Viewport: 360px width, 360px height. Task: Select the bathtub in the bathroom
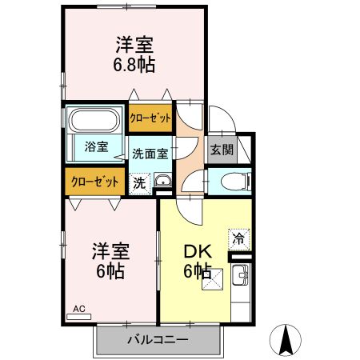pos(94,121)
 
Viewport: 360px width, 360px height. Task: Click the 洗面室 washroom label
pos(150,153)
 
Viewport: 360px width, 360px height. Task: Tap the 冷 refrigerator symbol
pos(239,238)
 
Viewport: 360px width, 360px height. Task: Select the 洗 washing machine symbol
pos(139,182)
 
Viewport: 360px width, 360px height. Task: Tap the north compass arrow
pos(286,341)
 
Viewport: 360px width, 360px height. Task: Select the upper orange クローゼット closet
pos(151,118)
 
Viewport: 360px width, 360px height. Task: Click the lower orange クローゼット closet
pos(94,182)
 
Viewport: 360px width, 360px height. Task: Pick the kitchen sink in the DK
pos(240,279)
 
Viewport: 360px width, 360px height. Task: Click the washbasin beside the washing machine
pos(162,181)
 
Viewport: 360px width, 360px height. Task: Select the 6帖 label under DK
pos(197,270)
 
